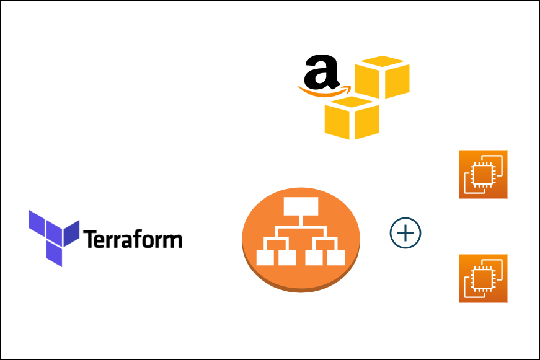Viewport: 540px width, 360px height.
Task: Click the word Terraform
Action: tap(132, 239)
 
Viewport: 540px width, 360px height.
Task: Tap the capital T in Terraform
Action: tap(89, 239)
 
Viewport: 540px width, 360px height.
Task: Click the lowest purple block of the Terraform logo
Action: tap(53, 254)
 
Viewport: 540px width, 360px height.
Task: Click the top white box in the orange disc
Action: tap(300, 206)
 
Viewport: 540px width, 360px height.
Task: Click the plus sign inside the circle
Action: tap(405, 234)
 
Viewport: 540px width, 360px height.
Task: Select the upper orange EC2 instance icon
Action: tap(483, 174)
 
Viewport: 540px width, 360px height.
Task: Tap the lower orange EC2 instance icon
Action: tap(483, 278)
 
